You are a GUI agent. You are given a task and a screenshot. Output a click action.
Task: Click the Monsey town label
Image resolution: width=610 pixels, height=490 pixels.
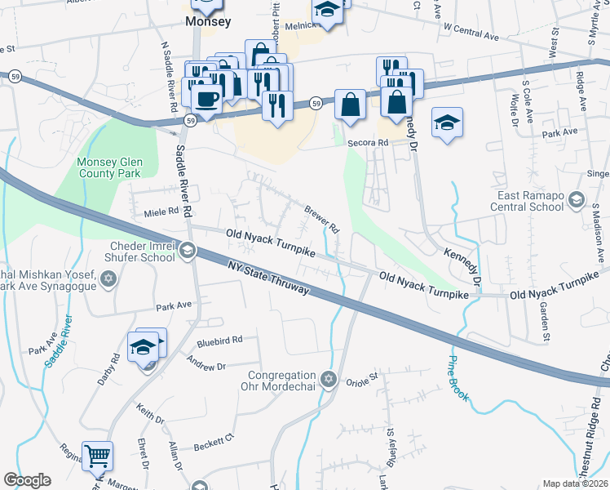pos(208,22)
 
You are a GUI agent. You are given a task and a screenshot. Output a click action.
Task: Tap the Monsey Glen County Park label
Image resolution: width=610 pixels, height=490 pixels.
pos(108,167)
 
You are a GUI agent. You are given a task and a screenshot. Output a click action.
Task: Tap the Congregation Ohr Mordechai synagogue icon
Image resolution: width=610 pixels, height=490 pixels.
pos(329,379)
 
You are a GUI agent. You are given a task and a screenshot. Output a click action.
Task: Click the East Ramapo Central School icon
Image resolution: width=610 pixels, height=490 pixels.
pos(577,199)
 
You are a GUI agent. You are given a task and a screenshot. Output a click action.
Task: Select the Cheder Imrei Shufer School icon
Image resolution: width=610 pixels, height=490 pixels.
pos(187,250)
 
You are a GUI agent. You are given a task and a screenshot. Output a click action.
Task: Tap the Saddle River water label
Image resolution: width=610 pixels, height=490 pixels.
pos(62,341)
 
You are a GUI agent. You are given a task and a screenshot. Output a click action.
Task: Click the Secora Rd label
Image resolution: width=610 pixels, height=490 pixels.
pos(365,141)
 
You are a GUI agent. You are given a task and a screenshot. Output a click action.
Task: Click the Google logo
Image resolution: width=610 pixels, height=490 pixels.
pos(27,479)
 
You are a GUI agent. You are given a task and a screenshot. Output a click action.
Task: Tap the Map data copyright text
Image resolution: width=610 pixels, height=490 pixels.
pos(574,483)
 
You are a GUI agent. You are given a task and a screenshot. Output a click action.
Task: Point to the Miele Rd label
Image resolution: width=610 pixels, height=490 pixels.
pos(160,211)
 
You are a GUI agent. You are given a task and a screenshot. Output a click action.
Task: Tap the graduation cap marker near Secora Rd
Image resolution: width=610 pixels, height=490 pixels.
pos(447,123)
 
